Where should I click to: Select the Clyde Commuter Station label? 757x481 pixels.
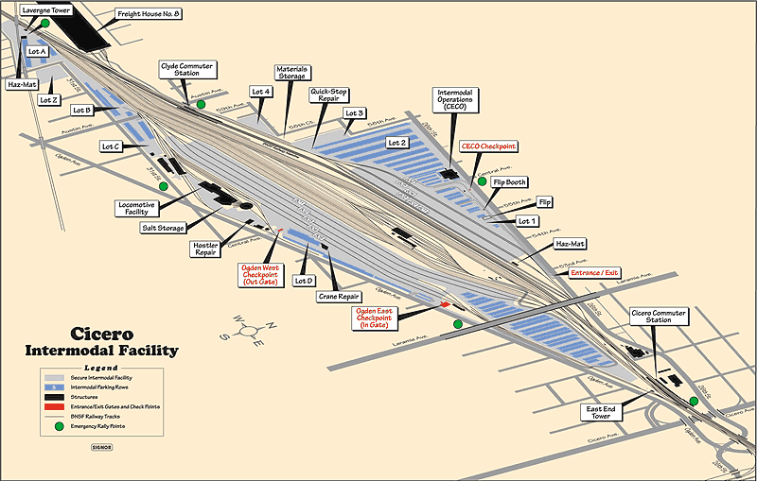(x=186, y=70)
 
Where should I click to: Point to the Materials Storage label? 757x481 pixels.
(x=290, y=74)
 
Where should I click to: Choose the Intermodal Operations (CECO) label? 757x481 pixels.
(x=457, y=99)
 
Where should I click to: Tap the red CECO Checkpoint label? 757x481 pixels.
(x=487, y=146)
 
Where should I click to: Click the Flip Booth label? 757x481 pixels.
(x=510, y=181)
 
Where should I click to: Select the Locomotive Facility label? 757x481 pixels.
(x=142, y=207)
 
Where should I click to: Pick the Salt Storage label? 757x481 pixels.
(x=162, y=228)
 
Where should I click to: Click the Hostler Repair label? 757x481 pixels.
(x=205, y=249)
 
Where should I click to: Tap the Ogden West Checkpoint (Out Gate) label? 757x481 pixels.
(x=259, y=274)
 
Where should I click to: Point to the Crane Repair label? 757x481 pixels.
(x=335, y=297)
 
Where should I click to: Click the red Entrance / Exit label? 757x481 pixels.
(x=593, y=273)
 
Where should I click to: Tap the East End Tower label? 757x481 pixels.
(x=603, y=412)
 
